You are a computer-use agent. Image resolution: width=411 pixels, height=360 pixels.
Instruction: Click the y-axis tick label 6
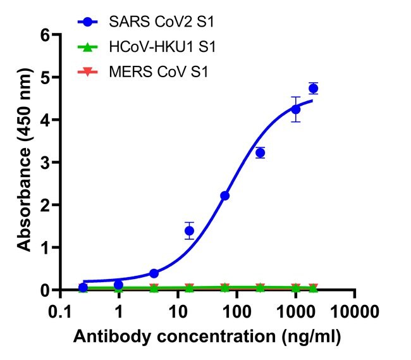tap(44, 35)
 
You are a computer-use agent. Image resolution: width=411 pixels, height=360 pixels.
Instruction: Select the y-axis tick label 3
tap(44, 163)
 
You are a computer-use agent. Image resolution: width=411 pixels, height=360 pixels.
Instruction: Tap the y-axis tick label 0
tap(44, 290)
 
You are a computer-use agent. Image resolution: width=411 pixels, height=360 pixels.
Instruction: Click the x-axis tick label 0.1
tap(60, 311)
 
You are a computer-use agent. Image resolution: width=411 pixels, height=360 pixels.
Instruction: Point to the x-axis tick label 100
tap(236, 311)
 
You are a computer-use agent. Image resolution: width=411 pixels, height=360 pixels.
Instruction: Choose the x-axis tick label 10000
tap(354, 311)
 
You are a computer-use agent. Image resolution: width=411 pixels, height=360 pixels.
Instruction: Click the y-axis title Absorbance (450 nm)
tap(23, 163)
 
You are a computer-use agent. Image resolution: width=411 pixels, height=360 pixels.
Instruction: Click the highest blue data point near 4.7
tap(313, 89)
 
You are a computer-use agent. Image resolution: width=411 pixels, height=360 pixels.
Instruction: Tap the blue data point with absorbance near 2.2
tap(224, 196)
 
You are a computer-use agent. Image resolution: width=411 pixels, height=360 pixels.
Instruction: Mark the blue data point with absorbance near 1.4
tap(189, 231)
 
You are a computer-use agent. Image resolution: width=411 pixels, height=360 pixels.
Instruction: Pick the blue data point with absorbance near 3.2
tap(260, 152)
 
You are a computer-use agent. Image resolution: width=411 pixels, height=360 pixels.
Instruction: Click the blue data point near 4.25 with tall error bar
tap(295, 109)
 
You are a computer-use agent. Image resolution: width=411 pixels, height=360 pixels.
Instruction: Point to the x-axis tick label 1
tap(119, 311)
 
